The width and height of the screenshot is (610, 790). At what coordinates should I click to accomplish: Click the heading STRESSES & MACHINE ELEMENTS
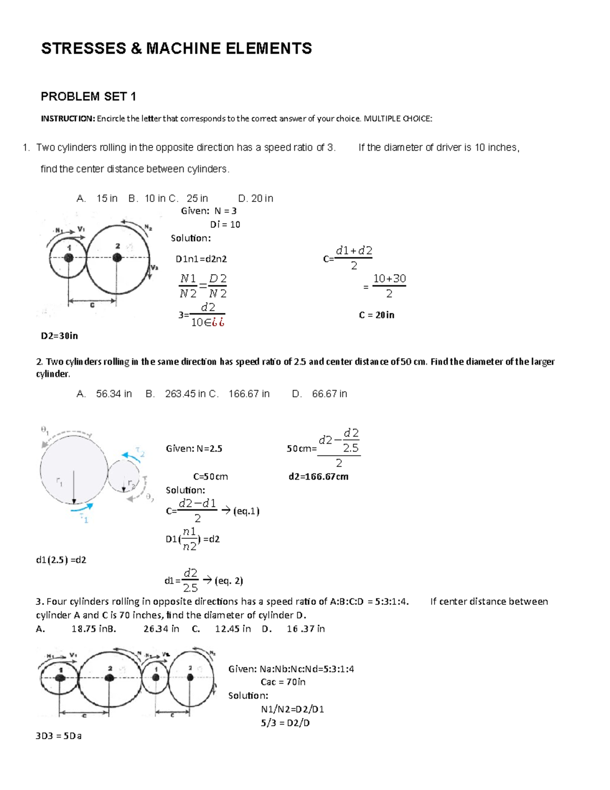[176, 49]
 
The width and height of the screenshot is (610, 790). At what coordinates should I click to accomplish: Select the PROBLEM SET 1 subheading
[88, 97]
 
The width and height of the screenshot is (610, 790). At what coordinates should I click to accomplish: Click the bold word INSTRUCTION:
[68, 119]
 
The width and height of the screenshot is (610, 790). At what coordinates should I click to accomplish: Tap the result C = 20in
[376, 315]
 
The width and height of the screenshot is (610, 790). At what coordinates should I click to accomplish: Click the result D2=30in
[59, 336]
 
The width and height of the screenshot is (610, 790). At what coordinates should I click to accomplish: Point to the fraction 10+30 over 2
[389, 286]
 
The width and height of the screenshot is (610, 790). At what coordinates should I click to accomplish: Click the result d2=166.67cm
[318, 477]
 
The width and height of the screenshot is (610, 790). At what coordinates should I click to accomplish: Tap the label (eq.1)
[246, 511]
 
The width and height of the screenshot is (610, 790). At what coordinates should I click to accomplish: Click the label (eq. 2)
[229, 580]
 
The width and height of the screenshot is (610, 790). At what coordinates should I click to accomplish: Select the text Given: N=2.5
[194, 449]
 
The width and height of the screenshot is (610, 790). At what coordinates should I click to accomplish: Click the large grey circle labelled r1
[74, 471]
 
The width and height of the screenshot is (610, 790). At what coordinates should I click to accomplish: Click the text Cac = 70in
[283, 682]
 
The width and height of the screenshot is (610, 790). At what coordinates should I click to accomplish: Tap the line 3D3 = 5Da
[58, 736]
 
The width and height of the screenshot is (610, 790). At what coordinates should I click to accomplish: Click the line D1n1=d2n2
[201, 259]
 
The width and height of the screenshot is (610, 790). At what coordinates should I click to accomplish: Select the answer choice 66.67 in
[329, 394]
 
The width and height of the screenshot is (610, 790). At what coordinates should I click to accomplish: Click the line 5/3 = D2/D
[285, 723]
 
